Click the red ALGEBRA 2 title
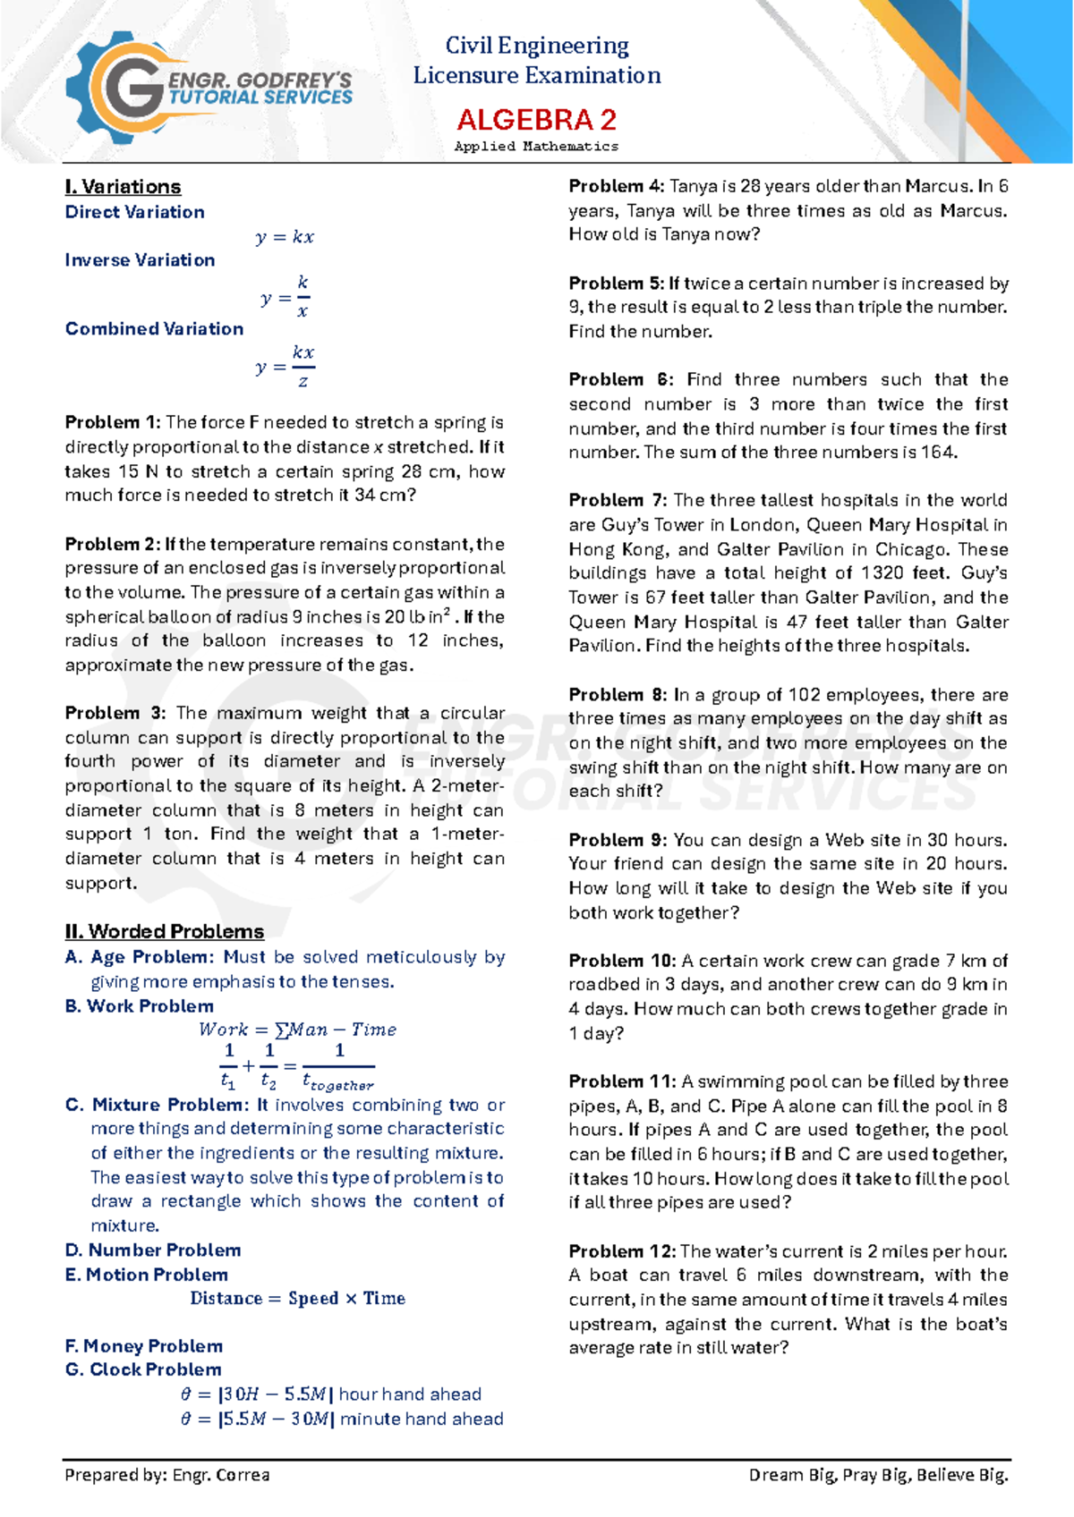tap(536, 119)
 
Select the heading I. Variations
tap(123, 187)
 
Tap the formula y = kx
tap(285, 237)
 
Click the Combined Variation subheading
tap(154, 329)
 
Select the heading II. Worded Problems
tap(164, 932)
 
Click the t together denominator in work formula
tap(337, 1082)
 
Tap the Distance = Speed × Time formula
tap(297, 1298)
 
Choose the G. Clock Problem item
tap(143, 1369)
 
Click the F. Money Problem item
tap(143, 1346)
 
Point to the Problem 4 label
tap(616, 187)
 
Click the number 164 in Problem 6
tap(937, 453)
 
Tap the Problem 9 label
tap(618, 840)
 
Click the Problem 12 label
tap(621, 1251)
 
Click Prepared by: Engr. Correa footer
tap(167, 1475)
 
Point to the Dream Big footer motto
tap(878, 1475)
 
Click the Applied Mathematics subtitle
tap(536, 146)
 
